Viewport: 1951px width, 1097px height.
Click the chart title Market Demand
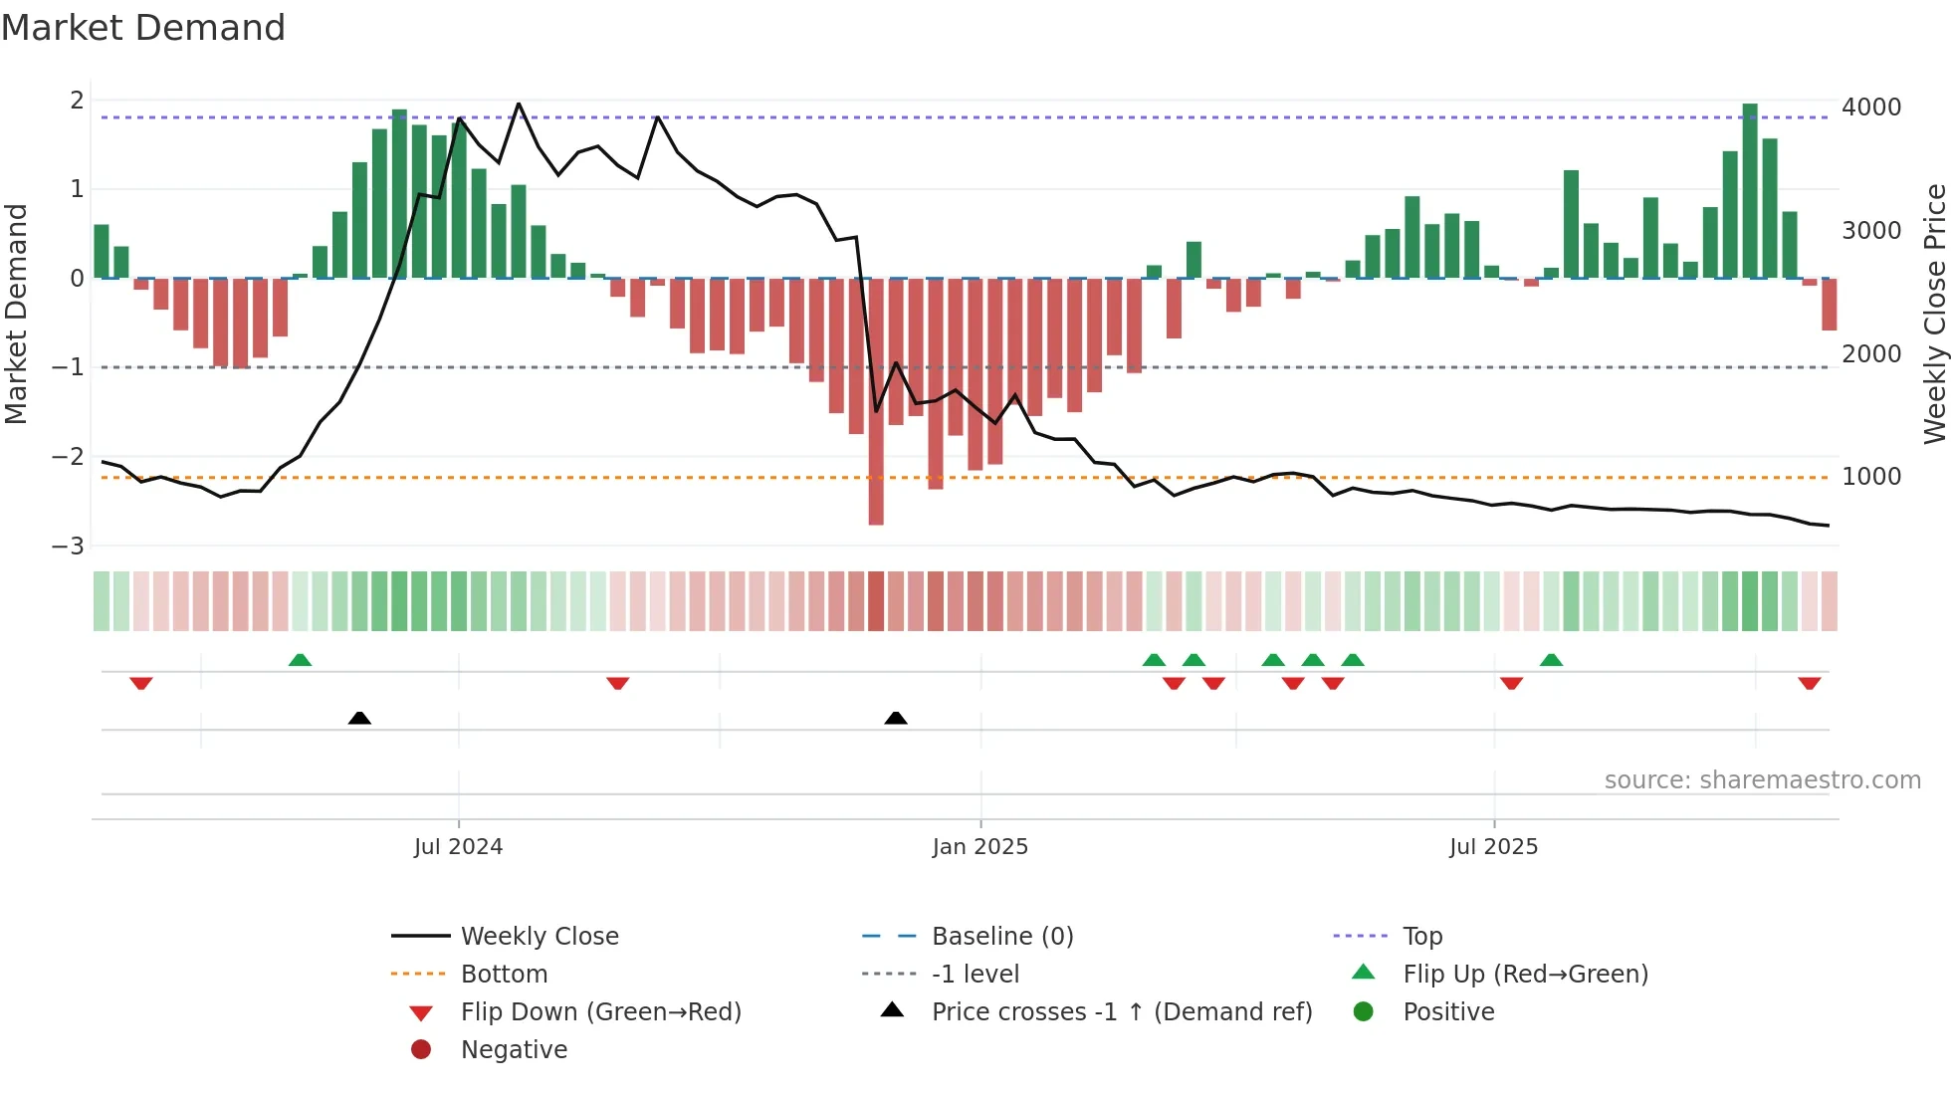143,28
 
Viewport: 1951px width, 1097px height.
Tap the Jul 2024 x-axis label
458,847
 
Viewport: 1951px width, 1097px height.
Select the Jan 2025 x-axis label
979,847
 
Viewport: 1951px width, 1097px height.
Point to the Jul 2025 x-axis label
1493,847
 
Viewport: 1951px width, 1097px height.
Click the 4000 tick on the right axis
1870,108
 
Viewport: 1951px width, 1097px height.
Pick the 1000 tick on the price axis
1870,477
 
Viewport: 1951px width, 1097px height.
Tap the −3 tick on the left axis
69,547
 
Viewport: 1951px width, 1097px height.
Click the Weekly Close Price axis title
1934,314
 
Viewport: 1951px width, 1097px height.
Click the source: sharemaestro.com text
1762,780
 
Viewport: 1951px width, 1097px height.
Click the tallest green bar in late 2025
1750,189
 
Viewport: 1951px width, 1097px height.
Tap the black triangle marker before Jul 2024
359,718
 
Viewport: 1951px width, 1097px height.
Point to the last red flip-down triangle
1810,683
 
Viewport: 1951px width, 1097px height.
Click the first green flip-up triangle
300,660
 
